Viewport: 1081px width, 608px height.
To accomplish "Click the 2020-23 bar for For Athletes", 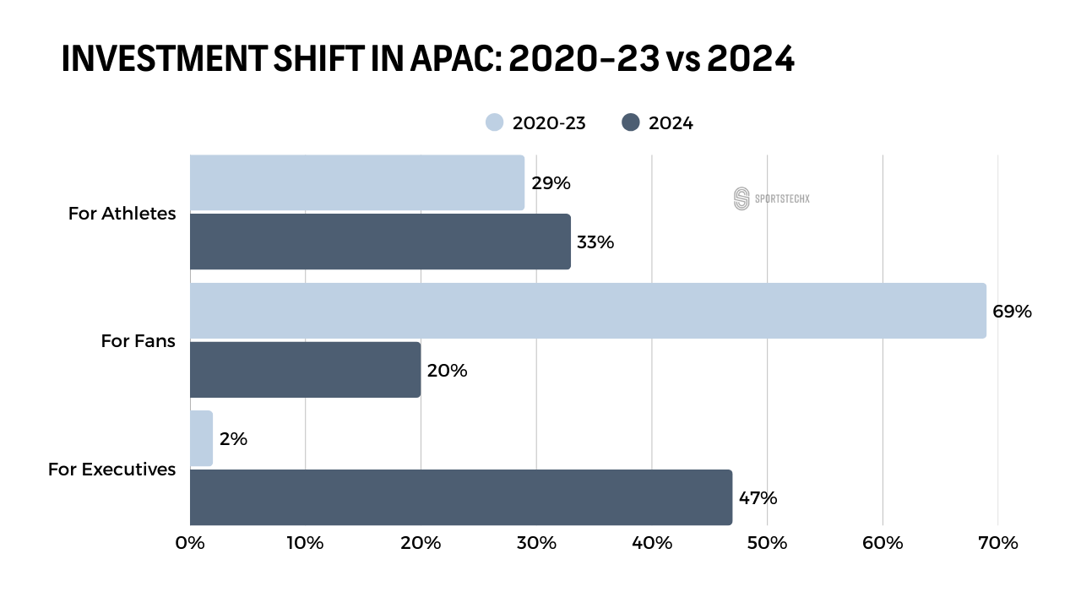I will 356,182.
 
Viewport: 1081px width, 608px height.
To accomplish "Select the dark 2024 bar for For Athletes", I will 380,242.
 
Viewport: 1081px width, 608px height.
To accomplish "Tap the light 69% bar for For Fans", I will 588,311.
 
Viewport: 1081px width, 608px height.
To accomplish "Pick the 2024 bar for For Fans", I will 305,370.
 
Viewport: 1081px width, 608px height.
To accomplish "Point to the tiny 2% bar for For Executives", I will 201,439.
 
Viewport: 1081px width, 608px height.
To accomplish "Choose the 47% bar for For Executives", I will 460,497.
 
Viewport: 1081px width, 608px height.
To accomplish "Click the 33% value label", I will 595,242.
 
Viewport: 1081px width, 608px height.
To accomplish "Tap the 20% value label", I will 447,370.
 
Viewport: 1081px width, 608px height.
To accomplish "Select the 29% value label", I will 551,182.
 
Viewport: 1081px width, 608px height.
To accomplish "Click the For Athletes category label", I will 122,213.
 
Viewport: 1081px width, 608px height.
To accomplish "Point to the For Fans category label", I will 138,341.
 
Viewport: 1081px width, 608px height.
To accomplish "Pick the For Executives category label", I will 111,469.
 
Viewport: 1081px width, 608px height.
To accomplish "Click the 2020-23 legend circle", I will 495,122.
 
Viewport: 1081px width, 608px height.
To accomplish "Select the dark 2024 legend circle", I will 630,122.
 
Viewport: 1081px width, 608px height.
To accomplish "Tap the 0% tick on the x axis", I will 190,543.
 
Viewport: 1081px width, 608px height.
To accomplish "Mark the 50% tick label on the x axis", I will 767,543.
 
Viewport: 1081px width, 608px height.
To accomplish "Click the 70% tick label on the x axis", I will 997,543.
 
